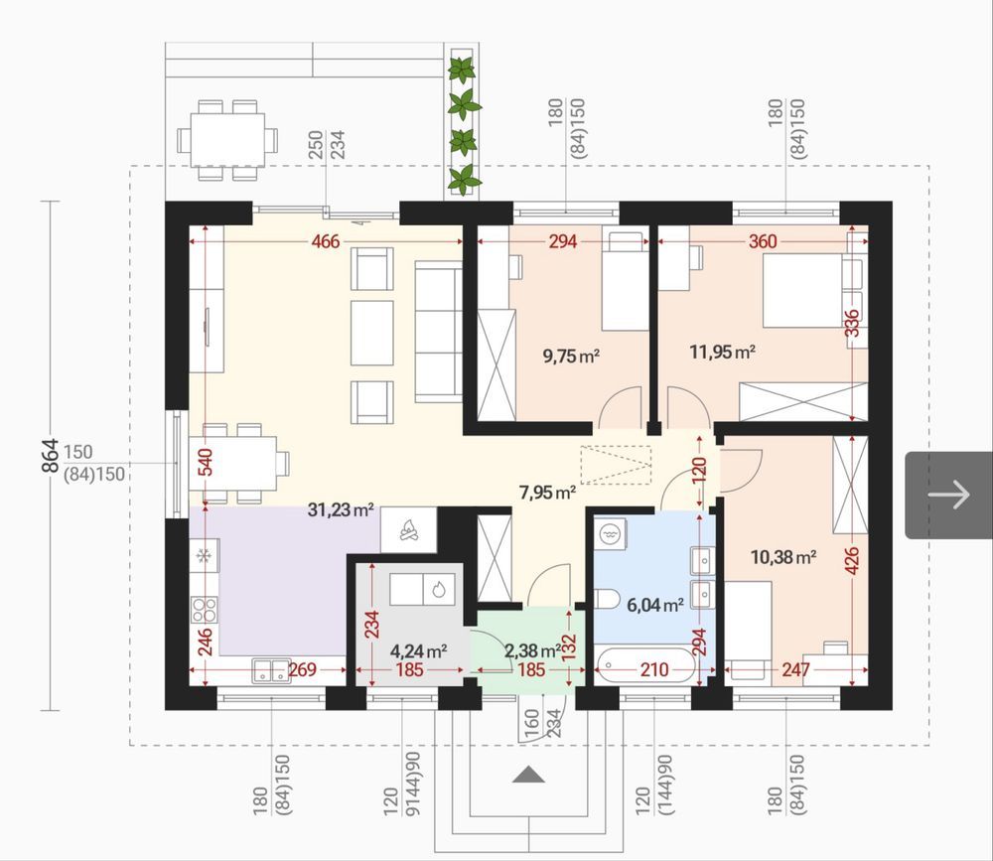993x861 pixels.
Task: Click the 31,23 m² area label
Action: tap(340, 509)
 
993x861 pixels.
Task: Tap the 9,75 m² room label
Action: tap(571, 356)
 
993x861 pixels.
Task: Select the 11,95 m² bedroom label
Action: tap(722, 351)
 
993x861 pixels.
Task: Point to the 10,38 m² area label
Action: tap(782, 557)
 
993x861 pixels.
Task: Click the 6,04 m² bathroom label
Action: tap(654, 605)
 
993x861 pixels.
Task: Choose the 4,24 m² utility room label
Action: tap(419, 650)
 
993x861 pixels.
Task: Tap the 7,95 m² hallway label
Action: tap(547, 492)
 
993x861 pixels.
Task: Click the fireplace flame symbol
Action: tap(408, 529)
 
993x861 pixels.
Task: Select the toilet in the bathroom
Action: tap(608, 598)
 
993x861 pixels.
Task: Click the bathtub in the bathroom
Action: tap(644, 665)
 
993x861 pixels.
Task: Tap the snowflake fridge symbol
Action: tap(204, 556)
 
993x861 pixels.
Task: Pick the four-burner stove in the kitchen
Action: tap(205, 610)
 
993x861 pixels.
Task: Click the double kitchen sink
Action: tap(271, 670)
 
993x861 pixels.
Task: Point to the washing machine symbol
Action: tap(610, 534)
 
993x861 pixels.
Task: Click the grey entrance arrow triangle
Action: tap(528, 775)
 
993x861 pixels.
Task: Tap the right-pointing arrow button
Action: tap(948, 495)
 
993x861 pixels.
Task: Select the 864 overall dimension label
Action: tap(50, 456)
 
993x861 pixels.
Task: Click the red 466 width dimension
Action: tap(326, 241)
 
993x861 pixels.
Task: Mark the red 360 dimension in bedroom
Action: tap(763, 241)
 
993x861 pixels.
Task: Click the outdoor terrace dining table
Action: tap(227, 140)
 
